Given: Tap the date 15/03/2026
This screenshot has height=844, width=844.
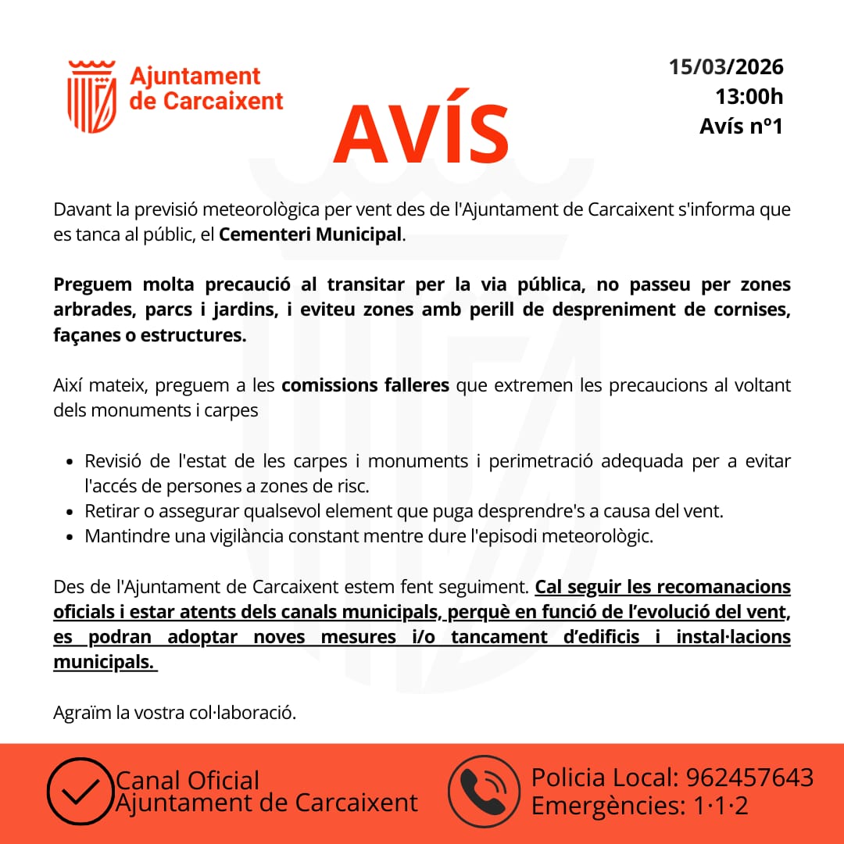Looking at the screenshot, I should [x=726, y=66].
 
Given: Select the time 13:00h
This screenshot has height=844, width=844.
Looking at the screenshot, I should [x=749, y=96].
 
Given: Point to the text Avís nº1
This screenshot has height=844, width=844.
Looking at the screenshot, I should [x=741, y=126].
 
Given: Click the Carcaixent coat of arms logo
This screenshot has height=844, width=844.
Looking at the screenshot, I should [x=92, y=96].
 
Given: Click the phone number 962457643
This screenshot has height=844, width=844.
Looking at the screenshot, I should [x=749, y=778].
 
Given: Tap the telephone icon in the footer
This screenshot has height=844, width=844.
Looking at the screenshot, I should [x=484, y=792].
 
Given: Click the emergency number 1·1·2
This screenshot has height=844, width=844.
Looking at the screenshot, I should [x=721, y=806].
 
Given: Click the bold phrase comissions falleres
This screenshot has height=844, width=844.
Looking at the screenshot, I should [x=365, y=385].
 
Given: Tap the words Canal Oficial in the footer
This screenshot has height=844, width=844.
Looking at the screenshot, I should [x=188, y=780].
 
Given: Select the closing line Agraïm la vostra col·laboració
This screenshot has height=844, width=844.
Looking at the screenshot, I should [x=175, y=713].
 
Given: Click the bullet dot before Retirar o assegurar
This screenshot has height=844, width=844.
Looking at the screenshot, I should [x=70, y=513].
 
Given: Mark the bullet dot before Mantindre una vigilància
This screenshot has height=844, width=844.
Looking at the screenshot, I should [x=70, y=538].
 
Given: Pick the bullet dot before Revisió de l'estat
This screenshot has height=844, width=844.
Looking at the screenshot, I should [x=70, y=462].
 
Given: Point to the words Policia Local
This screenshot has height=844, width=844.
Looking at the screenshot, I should [x=604, y=778].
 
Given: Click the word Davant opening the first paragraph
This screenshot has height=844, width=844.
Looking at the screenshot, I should [x=77, y=209].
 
